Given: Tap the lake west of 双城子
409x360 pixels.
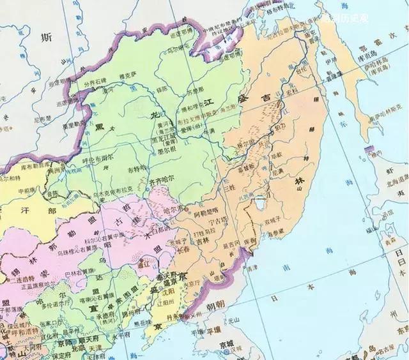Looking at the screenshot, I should tap(261, 204).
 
